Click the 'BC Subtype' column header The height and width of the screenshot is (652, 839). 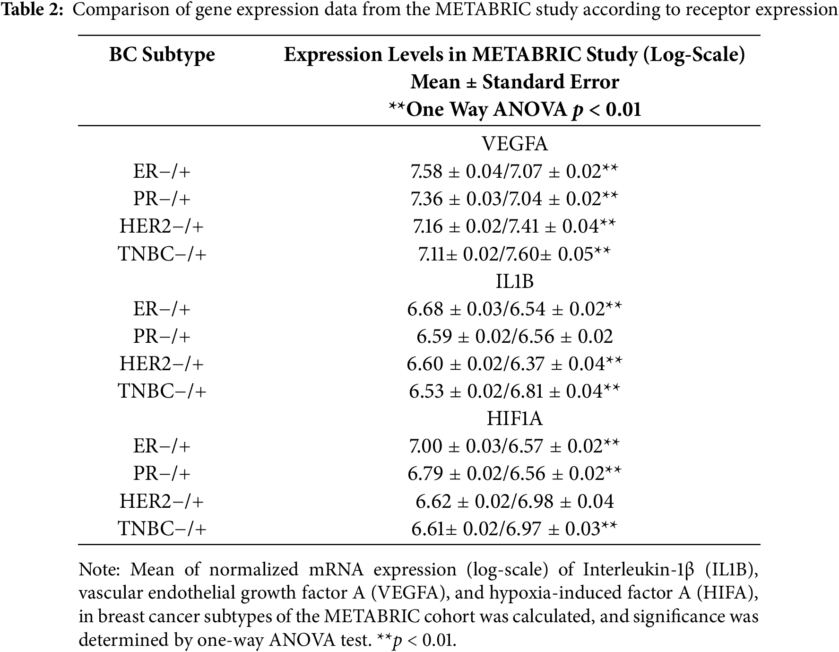[x=162, y=55]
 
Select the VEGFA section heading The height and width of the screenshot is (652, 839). [x=514, y=144]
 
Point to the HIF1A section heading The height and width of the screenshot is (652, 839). [x=514, y=418]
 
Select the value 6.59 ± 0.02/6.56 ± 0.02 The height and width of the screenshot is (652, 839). [x=514, y=336]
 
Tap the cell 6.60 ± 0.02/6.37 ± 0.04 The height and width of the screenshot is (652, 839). [x=514, y=364]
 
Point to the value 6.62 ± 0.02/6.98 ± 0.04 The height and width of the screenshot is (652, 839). [x=514, y=501]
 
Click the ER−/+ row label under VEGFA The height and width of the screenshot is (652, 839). [x=162, y=171]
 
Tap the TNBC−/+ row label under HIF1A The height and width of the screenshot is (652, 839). [x=162, y=528]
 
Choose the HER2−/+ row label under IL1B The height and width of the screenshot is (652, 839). [x=162, y=364]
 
